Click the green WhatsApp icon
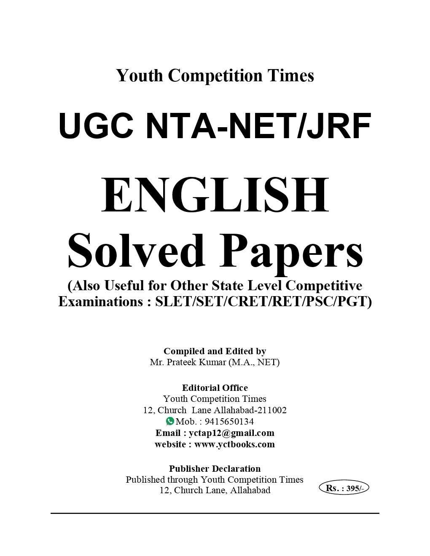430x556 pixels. coord(170,421)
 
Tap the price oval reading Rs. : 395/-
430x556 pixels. coord(344,488)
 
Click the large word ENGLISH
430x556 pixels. coord(215,195)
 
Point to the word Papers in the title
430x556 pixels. coord(291,254)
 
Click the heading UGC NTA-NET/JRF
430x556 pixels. coord(215,126)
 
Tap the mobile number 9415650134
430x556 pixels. coord(229,421)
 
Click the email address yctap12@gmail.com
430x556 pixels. coord(231,433)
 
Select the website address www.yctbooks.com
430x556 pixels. coord(234,444)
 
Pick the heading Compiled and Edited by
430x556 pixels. coord(215,351)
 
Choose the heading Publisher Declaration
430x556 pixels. coord(215,468)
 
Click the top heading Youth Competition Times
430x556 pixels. coord(215,76)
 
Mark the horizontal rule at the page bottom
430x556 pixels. coord(215,513)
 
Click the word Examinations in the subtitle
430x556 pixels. coord(100,302)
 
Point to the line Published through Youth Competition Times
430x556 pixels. coord(215,479)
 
